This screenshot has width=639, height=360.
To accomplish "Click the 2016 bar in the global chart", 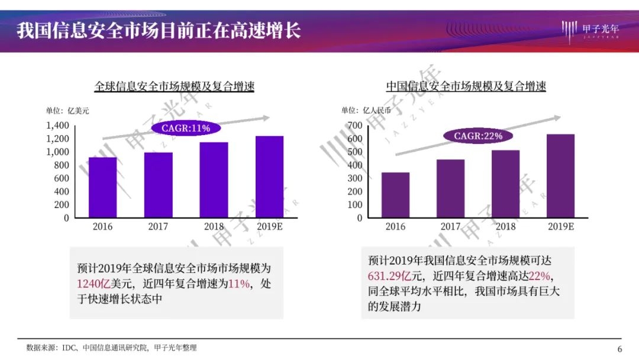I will pos(102,187).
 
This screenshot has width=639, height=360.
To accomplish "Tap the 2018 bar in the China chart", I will pos(505,184).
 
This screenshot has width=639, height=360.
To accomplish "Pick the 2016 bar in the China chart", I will pos(395,195).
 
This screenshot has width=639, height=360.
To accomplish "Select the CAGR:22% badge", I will pos(478,136).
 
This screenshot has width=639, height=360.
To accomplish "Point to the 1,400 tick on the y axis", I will pos(58,126).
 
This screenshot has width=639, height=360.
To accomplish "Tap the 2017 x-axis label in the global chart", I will pos(158,226).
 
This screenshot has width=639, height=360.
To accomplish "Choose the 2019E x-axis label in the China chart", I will pos(561,226).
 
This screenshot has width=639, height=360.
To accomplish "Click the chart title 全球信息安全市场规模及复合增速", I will pos(175,86).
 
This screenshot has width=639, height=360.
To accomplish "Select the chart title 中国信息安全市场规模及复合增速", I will pos(466,86).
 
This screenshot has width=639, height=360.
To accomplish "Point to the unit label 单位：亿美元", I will pos(67,110).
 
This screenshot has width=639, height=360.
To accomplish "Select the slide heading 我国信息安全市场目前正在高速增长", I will pos(159,30).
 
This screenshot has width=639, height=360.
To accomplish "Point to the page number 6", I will pos(619,348).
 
